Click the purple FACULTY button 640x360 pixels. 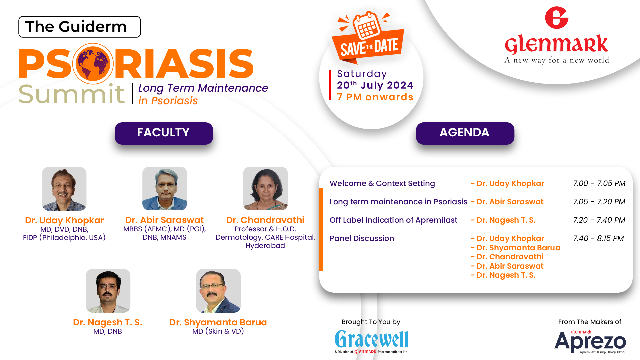pyautogui.click(x=164, y=133)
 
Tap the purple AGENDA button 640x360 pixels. pyautogui.click(x=465, y=133)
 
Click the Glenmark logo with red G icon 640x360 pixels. pyautogui.click(x=557, y=35)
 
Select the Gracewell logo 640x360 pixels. pyautogui.click(x=371, y=342)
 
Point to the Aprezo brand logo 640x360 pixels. pyautogui.click(x=590, y=342)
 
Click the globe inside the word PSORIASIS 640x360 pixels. pyautogui.click(x=93, y=64)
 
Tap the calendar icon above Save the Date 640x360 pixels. pyautogui.click(x=367, y=25)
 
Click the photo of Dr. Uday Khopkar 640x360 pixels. pyautogui.click(x=64, y=189)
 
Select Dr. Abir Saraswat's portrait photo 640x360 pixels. pyautogui.click(x=165, y=188)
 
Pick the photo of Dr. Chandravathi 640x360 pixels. pyautogui.click(x=265, y=188)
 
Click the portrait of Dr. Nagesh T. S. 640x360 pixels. pyautogui.click(x=108, y=291)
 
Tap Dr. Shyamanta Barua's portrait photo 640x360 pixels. pyautogui.click(x=218, y=291)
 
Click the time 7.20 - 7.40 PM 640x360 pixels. pyautogui.click(x=599, y=220)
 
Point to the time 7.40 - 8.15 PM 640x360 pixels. pyautogui.click(x=598, y=238)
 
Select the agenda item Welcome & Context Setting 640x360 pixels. pyautogui.click(x=382, y=183)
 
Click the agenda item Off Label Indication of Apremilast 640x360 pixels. pyautogui.click(x=393, y=220)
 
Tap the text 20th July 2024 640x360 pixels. pyautogui.click(x=375, y=85)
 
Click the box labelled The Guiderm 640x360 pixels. pyautogui.click(x=79, y=27)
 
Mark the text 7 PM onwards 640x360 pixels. pyautogui.click(x=375, y=97)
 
